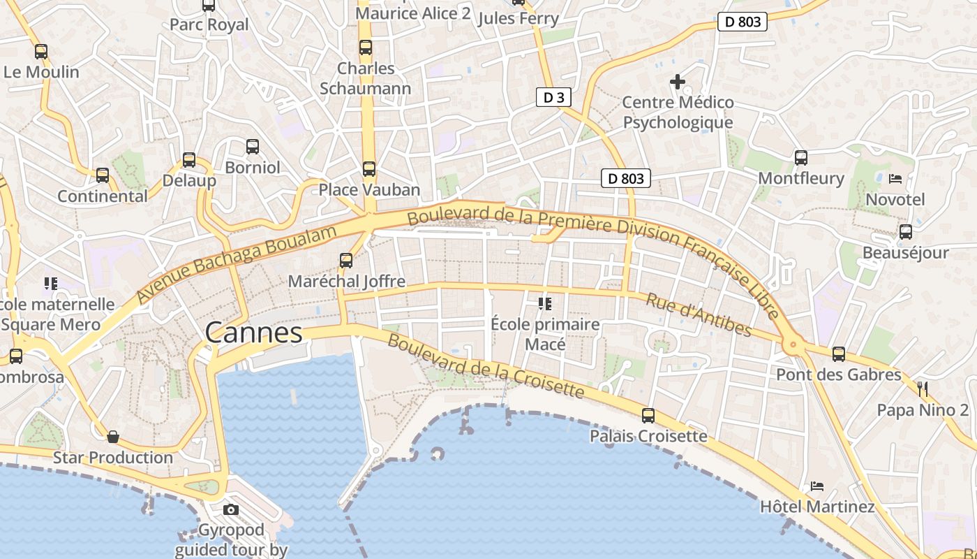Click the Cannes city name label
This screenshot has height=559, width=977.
[254, 333]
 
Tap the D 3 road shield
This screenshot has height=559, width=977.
[553, 97]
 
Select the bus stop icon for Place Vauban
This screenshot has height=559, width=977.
[368, 169]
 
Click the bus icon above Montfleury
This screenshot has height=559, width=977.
[800, 158]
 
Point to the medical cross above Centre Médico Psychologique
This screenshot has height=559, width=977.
[677, 82]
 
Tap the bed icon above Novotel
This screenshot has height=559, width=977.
[895, 179]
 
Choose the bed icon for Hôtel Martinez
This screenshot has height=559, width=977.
[817, 486]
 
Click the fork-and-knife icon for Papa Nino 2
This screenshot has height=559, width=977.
[923, 389]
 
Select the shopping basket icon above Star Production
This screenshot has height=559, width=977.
[113, 437]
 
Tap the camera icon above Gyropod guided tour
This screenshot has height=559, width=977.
[231, 509]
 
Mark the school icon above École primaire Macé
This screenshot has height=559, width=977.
[545, 304]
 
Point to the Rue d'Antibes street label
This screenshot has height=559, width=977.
[699, 314]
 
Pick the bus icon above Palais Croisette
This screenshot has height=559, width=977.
[648, 416]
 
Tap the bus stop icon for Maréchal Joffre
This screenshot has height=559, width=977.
[346, 261]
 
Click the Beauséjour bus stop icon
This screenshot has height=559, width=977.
[905, 232]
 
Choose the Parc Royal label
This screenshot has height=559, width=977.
[209, 24]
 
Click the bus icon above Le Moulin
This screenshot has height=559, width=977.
[41, 51]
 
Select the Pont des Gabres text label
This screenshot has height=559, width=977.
[839, 375]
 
